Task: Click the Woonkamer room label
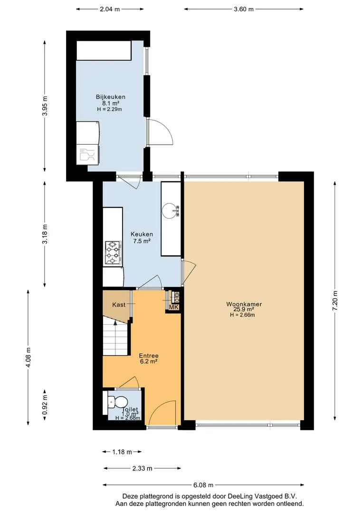pos(244,304)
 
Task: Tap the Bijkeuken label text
pos(111,97)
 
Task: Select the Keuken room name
pos(142,234)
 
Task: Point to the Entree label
pos(149,356)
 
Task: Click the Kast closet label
pos(119,305)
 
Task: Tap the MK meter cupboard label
pos(174,307)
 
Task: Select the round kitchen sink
pos(170,211)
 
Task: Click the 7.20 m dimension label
pos(334,301)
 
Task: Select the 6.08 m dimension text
pos(203,485)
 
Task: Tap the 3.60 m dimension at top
pos(244,9)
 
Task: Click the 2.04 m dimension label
pos(110,9)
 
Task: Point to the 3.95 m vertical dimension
pos(45,106)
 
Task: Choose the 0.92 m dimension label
pos(45,405)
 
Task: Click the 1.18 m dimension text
pos(122,452)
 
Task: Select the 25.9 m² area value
pos(244,309)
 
